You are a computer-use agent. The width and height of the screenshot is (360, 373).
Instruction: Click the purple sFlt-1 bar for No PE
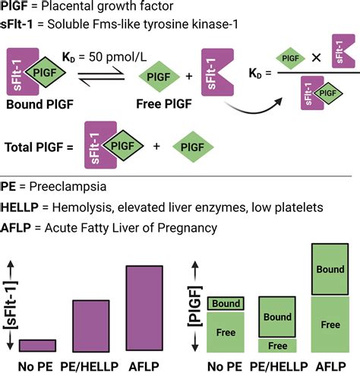(37, 346)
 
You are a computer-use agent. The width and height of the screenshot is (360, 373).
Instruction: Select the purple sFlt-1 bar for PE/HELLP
(91, 326)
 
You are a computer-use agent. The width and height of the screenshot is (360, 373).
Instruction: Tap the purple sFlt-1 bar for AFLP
(144, 308)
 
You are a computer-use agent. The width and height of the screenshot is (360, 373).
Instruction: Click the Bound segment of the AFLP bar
(330, 269)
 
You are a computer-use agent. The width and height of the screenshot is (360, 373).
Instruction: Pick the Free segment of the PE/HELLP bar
(277, 346)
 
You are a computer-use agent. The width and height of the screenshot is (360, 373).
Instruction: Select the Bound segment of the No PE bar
(226, 303)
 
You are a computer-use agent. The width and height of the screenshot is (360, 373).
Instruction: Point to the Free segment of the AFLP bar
(330, 324)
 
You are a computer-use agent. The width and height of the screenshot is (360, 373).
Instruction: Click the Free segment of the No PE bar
(226, 332)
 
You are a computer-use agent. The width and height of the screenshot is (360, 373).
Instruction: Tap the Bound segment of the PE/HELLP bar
(277, 317)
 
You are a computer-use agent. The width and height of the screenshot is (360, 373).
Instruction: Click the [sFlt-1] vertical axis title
(11, 305)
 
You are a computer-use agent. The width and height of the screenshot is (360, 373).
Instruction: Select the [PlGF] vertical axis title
(195, 306)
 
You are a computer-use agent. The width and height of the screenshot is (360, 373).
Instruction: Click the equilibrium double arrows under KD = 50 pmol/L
(101, 76)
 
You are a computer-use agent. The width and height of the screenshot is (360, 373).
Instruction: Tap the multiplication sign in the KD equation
(316, 58)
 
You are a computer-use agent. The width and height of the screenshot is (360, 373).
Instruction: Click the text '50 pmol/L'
(118, 57)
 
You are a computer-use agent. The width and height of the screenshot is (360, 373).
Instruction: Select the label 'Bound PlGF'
(39, 104)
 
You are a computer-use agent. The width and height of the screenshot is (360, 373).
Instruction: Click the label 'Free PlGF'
(164, 104)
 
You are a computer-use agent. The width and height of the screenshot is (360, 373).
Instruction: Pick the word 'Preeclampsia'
(68, 187)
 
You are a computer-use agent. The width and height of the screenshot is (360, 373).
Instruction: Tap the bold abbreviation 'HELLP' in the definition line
(20, 207)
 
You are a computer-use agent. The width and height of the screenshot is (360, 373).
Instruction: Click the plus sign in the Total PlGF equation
(156, 146)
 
